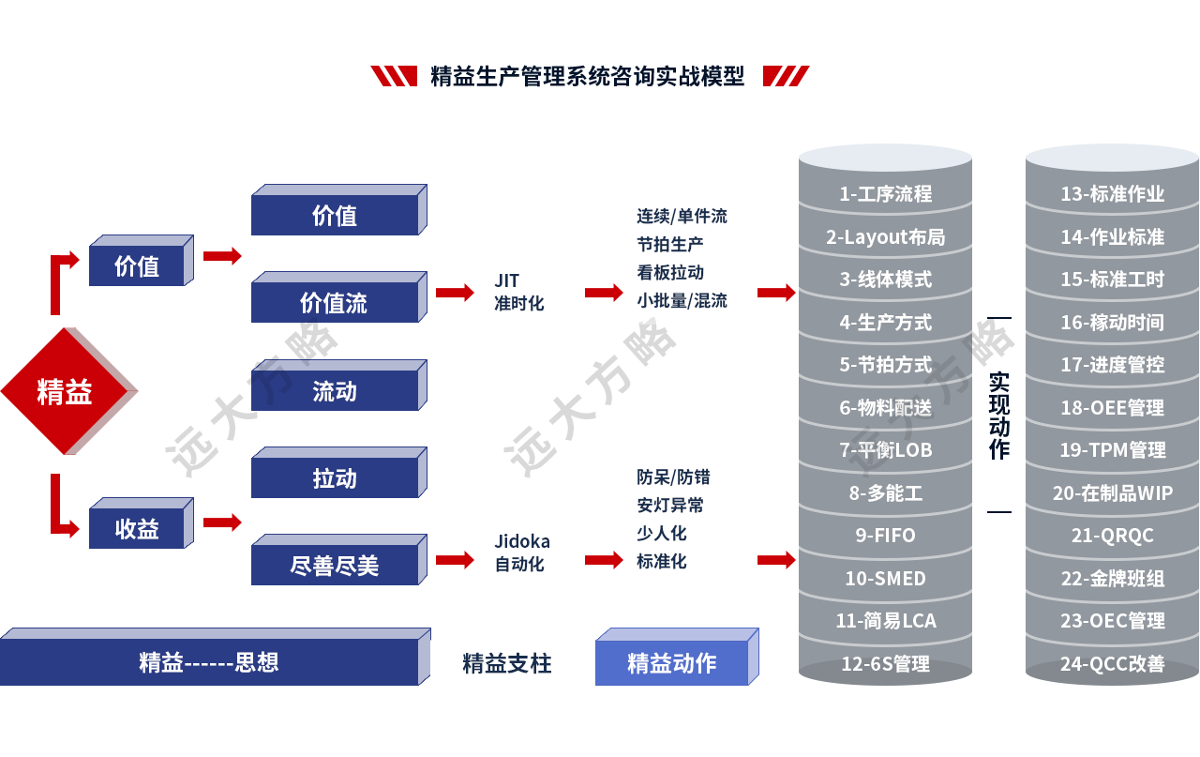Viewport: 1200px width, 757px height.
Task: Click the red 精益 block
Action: [65, 390]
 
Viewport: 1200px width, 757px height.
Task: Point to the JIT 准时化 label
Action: [518, 292]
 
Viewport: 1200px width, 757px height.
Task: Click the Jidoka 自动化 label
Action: [522, 553]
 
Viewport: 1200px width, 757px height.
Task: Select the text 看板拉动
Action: [670, 272]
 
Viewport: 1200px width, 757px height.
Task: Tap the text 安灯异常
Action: [670, 505]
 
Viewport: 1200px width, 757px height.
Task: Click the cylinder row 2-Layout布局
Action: [885, 236]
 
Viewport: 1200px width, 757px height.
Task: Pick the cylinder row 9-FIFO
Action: [885, 535]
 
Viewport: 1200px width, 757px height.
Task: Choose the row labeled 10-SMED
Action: [885, 578]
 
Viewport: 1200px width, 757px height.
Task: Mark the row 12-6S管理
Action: [885, 663]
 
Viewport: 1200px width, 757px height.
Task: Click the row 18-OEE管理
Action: [1112, 407]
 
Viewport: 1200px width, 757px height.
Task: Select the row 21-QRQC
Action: [1112, 535]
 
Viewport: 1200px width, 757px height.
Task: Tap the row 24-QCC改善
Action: [1112, 663]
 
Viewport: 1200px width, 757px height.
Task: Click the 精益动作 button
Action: [672, 662]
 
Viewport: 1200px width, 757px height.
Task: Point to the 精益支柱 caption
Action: [506, 663]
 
